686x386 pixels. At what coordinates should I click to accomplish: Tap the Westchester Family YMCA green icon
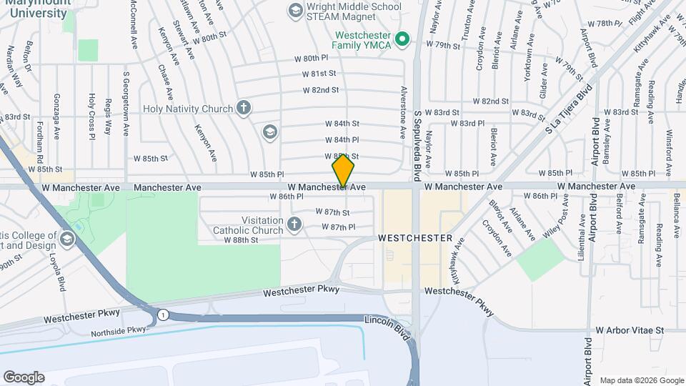click(x=402, y=38)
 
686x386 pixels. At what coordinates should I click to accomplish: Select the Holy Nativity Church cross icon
click(x=244, y=109)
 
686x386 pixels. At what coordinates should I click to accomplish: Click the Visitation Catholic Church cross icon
click(x=294, y=226)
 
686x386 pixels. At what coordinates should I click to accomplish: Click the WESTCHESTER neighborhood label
click(x=415, y=237)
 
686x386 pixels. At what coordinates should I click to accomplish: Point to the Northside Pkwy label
click(x=119, y=331)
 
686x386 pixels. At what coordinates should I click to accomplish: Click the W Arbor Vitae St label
click(x=630, y=331)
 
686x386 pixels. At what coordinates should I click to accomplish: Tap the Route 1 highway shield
click(x=164, y=315)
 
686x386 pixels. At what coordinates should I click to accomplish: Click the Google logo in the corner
click(x=24, y=377)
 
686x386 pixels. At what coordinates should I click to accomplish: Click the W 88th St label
click(x=240, y=240)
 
